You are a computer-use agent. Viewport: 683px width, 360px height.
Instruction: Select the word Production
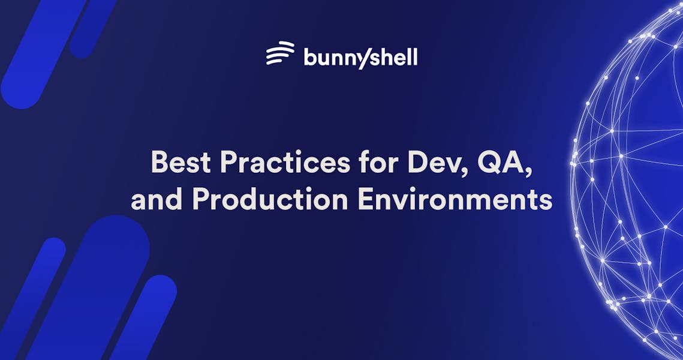270,200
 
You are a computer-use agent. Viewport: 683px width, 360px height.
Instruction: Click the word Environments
455,200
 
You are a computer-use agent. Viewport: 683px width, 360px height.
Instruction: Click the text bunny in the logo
333,59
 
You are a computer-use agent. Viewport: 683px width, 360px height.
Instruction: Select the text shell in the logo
392,58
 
